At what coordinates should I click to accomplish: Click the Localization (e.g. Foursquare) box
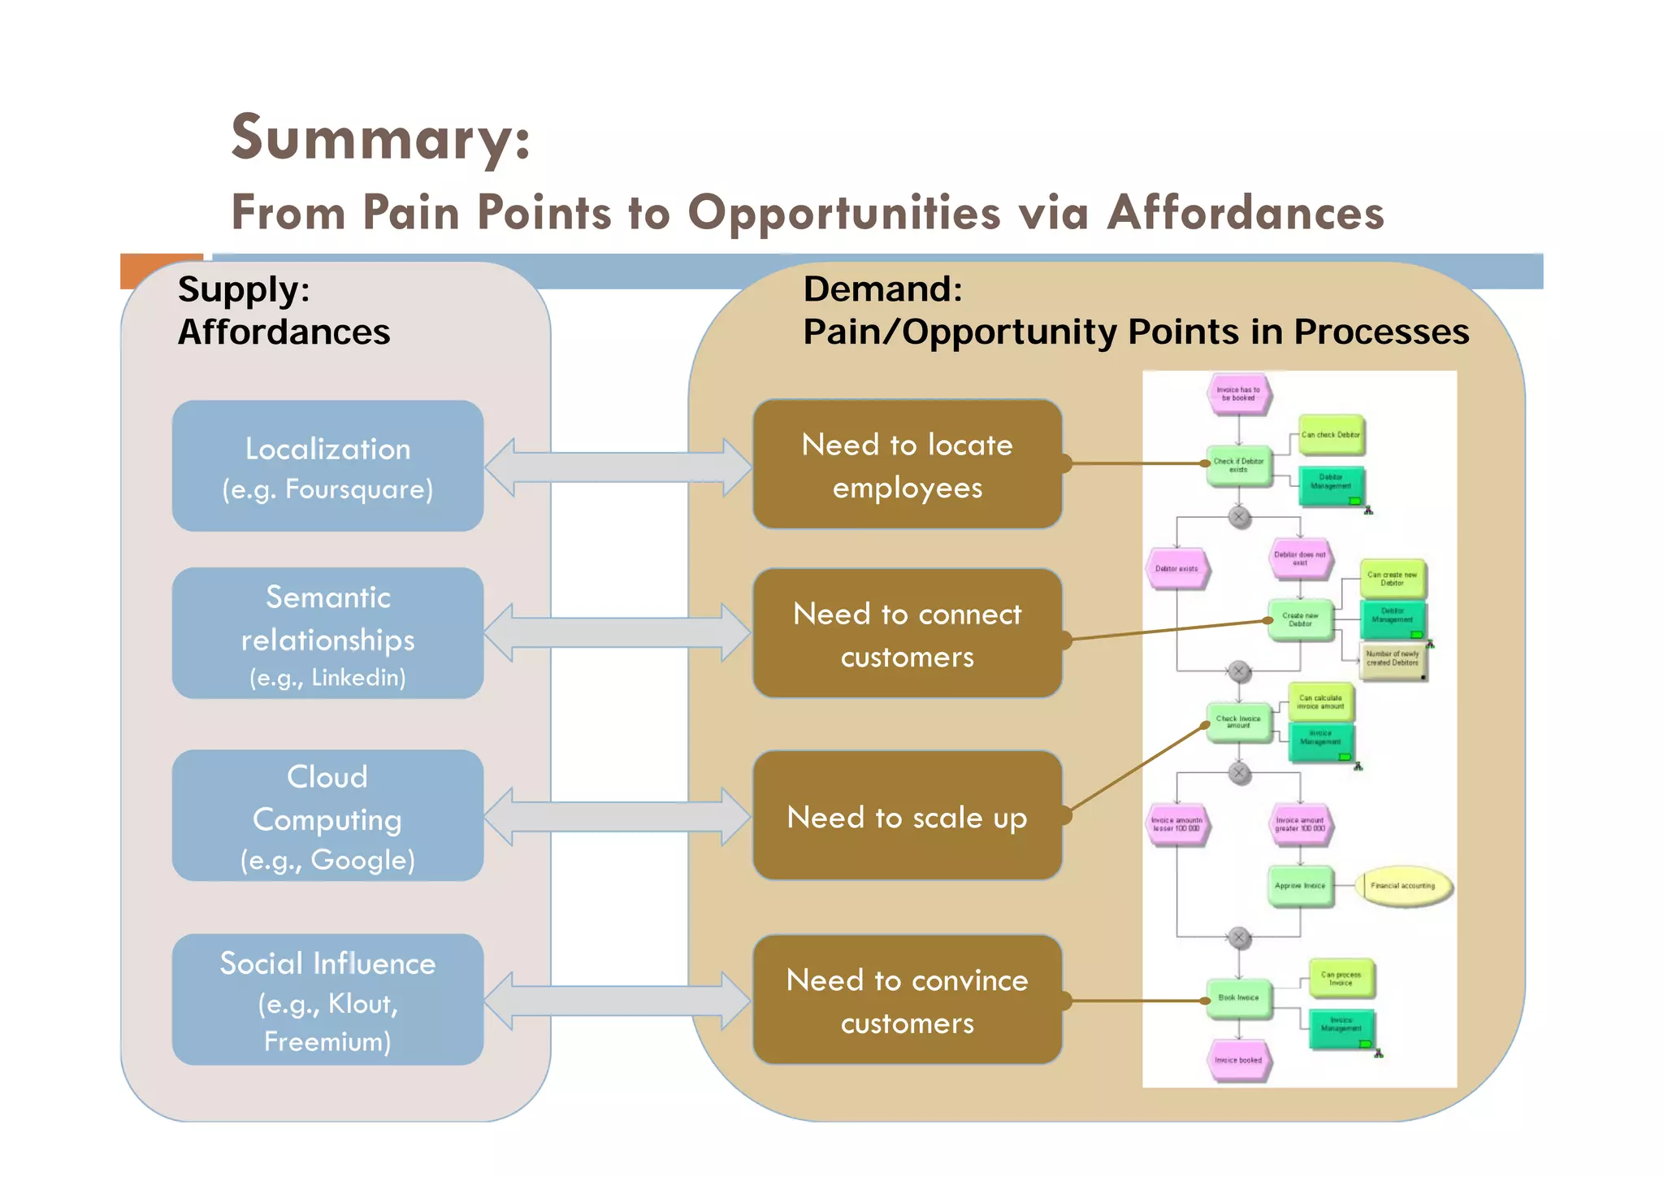[x=327, y=466]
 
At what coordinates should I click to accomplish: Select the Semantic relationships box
[x=327, y=633]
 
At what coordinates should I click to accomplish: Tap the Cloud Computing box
[x=327, y=815]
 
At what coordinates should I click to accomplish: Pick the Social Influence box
[x=327, y=999]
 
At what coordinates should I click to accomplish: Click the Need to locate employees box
[x=907, y=465]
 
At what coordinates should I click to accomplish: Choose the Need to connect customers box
[x=907, y=633]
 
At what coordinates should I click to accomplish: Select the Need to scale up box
[x=907, y=815]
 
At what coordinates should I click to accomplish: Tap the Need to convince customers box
[x=907, y=1000]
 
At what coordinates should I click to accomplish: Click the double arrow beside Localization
[x=618, y=467]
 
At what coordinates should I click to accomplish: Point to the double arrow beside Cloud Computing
[x=618, y=816]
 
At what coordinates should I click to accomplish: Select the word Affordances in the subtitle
[x=1245, y=213]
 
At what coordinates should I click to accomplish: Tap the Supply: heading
[x=244, y=289]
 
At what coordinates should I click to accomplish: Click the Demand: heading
[x=882, y=289]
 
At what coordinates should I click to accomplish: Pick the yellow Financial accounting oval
[x=1402, y=885]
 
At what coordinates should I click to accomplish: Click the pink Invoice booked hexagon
[x=1238, y=1060]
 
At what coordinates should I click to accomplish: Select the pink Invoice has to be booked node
[x=1238, y=394]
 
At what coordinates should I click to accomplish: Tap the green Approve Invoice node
[x=1300, y=885]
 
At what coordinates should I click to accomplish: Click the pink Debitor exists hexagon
[x=1176, y=568]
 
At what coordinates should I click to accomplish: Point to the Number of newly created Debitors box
[x=1393, y=658]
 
